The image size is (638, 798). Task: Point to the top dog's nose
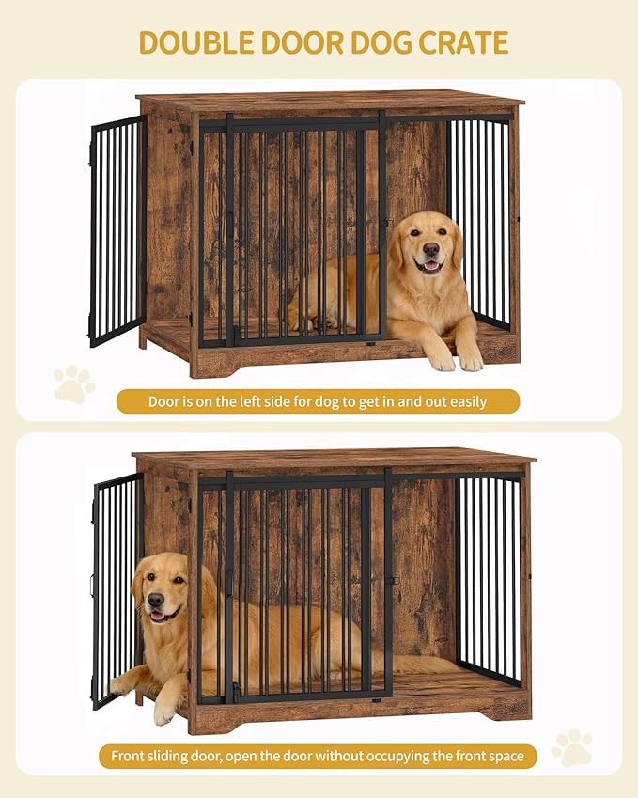pyautogui.click(x=431, y=249)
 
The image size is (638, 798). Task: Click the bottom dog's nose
pyautogui.click(x=156, y=600)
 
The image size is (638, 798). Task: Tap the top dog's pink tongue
pyautogui.click(x=431, y=266)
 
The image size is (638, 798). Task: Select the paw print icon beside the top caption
pyautogui.click(x=74, y=383)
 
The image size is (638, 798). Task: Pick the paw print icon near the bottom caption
pyautogui.click(x=572, y=748)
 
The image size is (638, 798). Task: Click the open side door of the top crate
pyautogui.click(x=117, y=230)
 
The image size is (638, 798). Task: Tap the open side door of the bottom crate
pyautogui.click(x=117, y=590)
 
